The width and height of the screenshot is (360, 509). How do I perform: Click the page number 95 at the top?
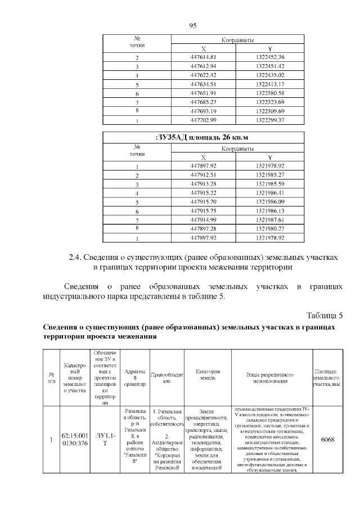click(192, 26)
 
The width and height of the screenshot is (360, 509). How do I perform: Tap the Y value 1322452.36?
click(270, 57)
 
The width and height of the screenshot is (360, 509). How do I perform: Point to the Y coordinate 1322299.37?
click(270, 120)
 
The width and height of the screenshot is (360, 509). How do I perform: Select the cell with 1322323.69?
click(270, 102)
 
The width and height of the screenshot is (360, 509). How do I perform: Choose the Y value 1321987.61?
click(270, 219)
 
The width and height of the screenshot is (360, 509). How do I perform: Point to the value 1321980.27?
click(270, 229)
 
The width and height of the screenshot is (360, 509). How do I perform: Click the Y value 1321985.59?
click(270, 184)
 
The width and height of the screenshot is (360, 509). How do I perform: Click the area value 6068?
click(327, 439)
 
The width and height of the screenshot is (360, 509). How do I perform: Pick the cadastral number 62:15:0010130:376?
click(74, 439)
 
